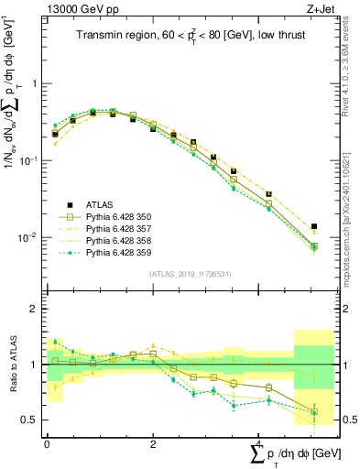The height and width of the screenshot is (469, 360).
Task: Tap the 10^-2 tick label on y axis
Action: pos(27,238)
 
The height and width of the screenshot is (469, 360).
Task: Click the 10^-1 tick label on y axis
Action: pos(27,160)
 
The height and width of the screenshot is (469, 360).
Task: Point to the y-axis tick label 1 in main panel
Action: pos(34,83)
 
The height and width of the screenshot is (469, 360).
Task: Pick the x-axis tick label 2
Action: pos(153,444)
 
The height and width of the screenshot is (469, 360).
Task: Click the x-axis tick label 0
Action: pos(47,444)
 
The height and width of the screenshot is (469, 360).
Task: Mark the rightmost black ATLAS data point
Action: pos(314,226)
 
